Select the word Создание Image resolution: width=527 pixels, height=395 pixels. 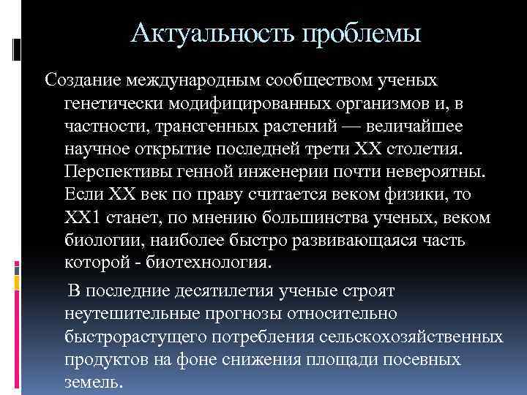coord(82,78)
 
